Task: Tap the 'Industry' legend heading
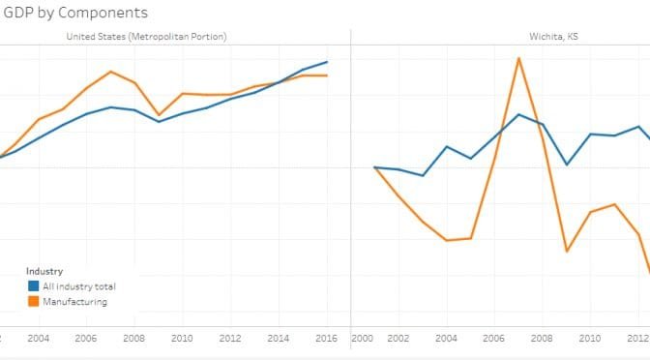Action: [x=44, y=272]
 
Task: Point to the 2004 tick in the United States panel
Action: [x=39, y=338]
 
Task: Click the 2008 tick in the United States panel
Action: [x=134, y=338]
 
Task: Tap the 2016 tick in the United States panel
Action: [x=326, y=338]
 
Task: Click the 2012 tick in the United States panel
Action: [x=230, y=338]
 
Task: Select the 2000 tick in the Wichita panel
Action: [x=363, y=338]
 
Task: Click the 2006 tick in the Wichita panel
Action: [x=494, y=338]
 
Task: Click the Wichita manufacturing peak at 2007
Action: [x=519, y=58]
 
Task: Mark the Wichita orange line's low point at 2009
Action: [x=567, y=252]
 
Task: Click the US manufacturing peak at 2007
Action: [x=111, y=72]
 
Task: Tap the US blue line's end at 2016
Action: [x=327, y=62]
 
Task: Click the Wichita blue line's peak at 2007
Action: [x=519, y=114]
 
